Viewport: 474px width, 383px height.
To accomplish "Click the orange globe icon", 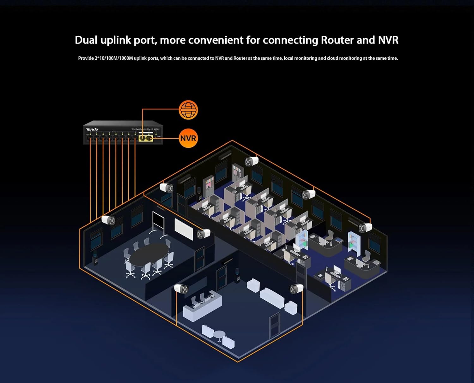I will pyautogui.click(x=188, y=110).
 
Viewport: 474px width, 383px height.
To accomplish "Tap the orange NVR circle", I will pyautogui.click(x=188, y=138).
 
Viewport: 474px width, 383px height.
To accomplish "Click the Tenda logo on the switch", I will pyautogui.click(x=92, y=129).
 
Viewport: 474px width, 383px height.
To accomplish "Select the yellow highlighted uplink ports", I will pyautogui.click(x=146, y=138).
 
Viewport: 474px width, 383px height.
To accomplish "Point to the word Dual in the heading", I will pyautogui.click(x=86, y=40).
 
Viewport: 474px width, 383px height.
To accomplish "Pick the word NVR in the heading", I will pyautogui.click(x=388, y=40).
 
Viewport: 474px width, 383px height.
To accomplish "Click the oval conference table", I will pyautogui.click(x=149, y=254).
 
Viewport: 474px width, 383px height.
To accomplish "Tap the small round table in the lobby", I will pyautogui.click(x=219, y=335).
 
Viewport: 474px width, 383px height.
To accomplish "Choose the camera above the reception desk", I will pyautogui.click(x=181, y=289).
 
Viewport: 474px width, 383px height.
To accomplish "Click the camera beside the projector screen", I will pyautogui.click(x=204, y=234).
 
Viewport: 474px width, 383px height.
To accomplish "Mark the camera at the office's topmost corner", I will pyautogui.click(x=252, y=161).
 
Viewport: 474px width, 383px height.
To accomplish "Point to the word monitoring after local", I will pyautogui.click(x=305, y=58).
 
